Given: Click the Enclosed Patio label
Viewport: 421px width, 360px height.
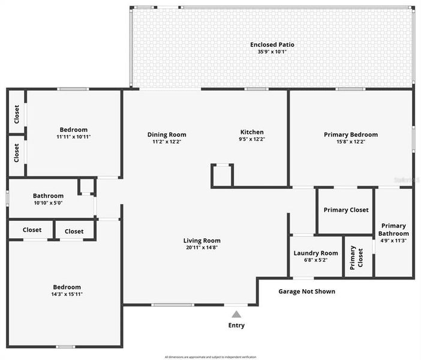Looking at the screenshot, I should click(x=272, y=44).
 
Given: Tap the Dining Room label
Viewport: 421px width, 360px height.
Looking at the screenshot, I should click(x=167, y=134).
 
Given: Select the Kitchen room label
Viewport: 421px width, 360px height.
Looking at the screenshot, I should click(x=252, y=132).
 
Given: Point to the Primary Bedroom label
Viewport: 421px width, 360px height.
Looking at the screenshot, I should click(x=351, y=134).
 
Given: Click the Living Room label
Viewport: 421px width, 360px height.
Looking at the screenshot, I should click(x=202, y=241).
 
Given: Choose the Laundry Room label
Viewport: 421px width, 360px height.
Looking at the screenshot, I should click(x=315, y=253).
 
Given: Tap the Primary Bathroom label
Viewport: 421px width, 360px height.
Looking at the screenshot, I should click(x=394, y=230).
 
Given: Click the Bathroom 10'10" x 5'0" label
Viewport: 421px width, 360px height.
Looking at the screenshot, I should click(x=48, y=196).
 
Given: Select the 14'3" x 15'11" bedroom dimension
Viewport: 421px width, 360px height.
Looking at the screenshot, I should click(x=66, y=294).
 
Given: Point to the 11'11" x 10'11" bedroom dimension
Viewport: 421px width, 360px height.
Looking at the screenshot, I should click(x=74, y=137).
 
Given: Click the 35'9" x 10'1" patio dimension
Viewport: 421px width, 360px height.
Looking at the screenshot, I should click(x=272, y=52).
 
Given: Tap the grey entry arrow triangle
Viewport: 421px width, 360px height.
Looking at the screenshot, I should click(x=236, y=314).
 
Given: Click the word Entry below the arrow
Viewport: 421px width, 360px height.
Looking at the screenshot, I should click(x=236, y=325).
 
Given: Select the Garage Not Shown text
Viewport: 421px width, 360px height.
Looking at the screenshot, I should click(x=306, y=292).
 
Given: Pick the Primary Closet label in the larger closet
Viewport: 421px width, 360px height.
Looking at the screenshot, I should click(x=346, y=210).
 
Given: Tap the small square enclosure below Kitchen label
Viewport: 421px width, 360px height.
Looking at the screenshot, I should click(x=221, y=175).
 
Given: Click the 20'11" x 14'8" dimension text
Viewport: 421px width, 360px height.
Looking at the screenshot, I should click(x=202, y=247).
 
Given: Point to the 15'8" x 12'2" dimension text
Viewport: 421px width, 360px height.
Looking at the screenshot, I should click(x=351, y=142).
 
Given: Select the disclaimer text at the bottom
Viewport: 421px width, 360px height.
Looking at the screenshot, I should click(x=210, y=357).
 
